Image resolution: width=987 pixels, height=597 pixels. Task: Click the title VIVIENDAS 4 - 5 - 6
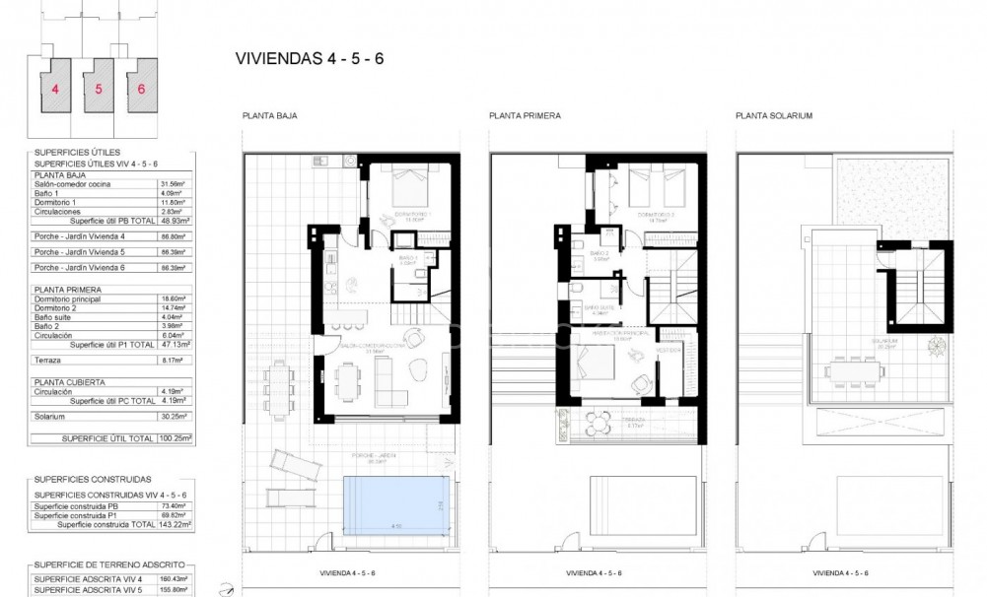pyautogui.click(x=310, y=57)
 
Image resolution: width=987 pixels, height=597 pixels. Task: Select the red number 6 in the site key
pyautogui.click(x=142, y=88)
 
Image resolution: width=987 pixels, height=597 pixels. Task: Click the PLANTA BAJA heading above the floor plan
pyautogui.click(x=269, y=116)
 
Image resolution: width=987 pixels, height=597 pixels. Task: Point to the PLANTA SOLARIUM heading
pyautogui.click(x=773, y=116)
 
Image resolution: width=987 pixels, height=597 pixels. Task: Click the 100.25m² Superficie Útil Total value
pyautogui.click(x=176, y=436)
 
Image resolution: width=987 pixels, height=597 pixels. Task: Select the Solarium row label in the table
pyautogui.click(x=50, y=416)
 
